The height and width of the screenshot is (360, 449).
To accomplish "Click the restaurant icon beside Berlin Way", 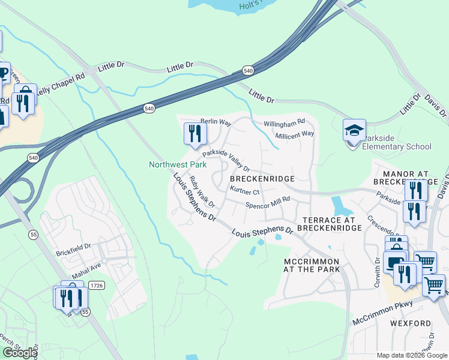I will click(194, 133).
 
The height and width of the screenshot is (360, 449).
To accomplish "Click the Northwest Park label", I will click(178, 164).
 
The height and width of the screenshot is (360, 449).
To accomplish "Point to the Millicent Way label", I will click(295, 135).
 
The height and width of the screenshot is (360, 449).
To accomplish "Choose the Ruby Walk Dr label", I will click(202, 192).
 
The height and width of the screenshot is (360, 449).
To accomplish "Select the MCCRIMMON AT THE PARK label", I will click(312, 265).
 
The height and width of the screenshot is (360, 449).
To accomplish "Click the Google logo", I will click(19, 353).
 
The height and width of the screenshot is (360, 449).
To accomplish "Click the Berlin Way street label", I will click(215, 122).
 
